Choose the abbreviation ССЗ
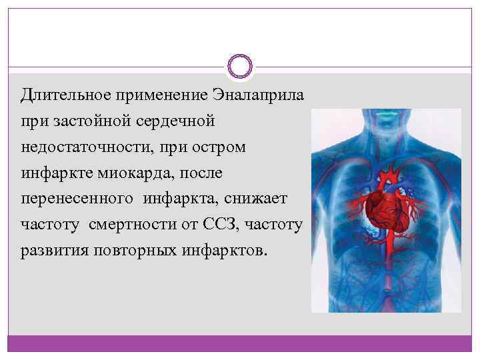(223, 225)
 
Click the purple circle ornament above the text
(240, 66)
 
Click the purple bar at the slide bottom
(240, 343)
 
